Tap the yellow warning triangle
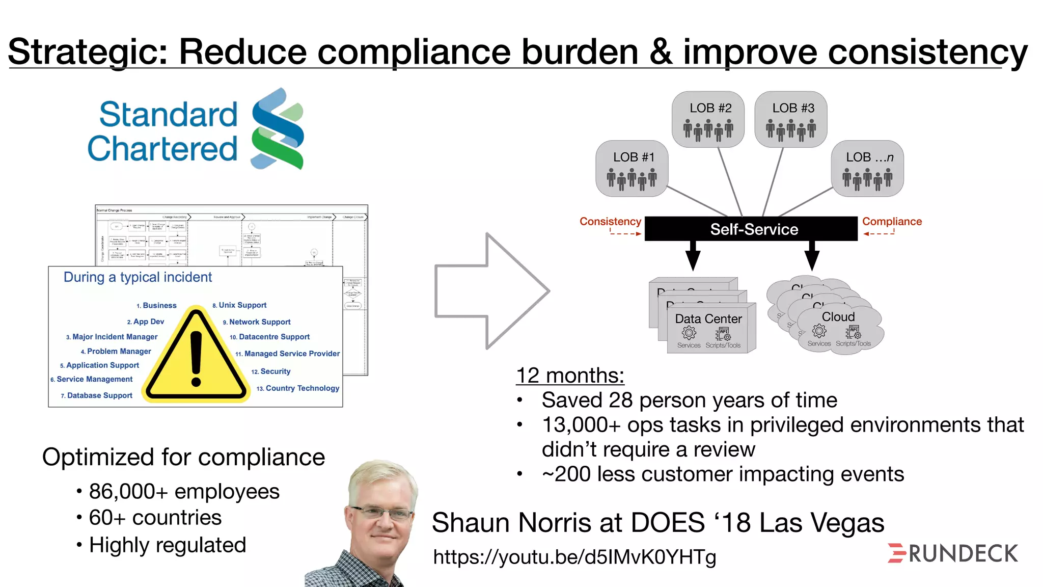[196, 357]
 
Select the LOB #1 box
[632, 169]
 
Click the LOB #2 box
[708, 119]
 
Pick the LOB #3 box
[791, 119]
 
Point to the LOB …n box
[868, 169]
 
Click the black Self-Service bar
[751, 229]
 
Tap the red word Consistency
[610, 222]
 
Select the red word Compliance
[892, 222]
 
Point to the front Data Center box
[711, 328]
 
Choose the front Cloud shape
[838, 328]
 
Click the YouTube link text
[574, 557]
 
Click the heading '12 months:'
[570, 376]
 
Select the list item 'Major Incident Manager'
[115, 337]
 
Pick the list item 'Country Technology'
[302, 388]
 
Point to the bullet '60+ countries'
[155, 518]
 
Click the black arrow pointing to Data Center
[693, 255]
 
